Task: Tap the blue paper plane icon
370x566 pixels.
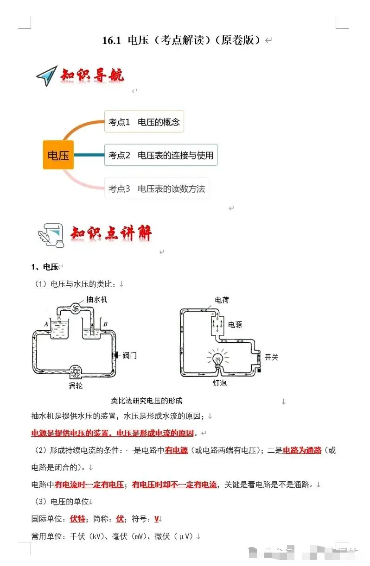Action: [46, 76]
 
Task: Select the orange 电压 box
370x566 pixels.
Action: [58, 155]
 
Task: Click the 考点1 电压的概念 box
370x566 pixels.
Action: [144, 122]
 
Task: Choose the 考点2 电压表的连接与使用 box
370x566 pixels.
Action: [160, 155]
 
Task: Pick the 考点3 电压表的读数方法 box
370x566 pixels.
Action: [156, 189]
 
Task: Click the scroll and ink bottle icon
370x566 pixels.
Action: [50, 235]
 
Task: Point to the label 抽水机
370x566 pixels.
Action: [96, 300]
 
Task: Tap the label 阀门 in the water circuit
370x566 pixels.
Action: [129, 355]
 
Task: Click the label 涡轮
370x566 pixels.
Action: [76, 385]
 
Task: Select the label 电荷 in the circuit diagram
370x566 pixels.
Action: [222, 300]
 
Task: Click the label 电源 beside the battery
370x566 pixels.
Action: [235, 325]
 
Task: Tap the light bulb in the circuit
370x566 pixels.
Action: [217, 359]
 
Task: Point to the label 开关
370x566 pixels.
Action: [271, 357]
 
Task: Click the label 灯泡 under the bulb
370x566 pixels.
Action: [220, 384]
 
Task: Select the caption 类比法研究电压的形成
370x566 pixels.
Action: [147, 401]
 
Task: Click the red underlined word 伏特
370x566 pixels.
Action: [77, 519]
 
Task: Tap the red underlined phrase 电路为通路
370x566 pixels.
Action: [302, 450]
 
